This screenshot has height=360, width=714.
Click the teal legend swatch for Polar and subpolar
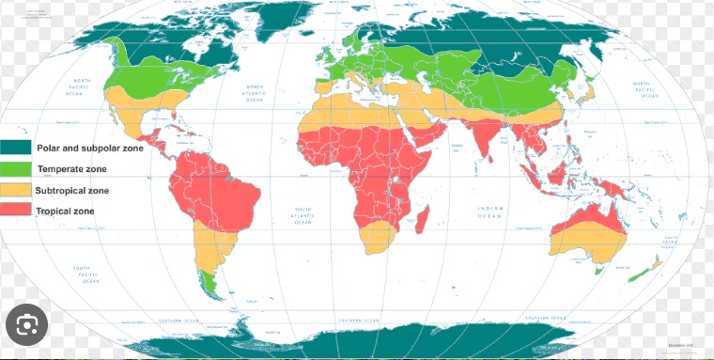17,148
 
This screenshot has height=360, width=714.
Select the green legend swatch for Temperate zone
17,169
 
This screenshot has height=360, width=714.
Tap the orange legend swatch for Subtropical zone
17,190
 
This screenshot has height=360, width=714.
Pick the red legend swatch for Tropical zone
17,211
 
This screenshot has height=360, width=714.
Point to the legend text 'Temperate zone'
71,169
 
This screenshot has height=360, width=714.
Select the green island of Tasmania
600,270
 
